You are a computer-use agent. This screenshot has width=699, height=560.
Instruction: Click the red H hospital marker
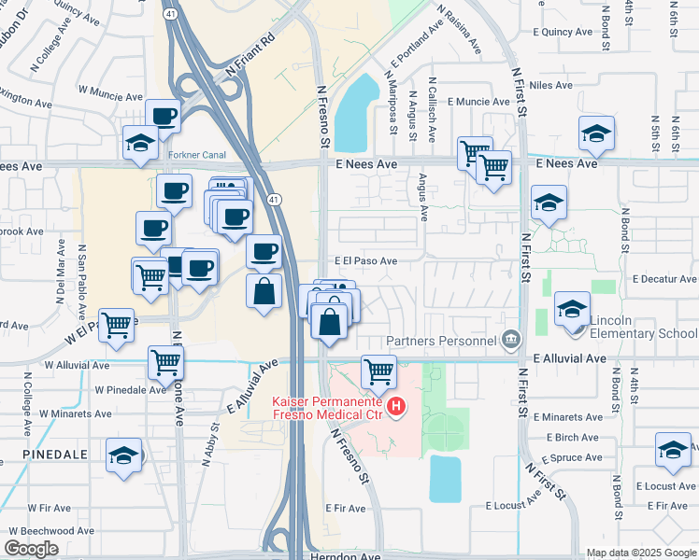tap(397, 407)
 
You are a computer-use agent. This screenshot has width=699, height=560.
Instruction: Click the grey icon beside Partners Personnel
tap(509, 338)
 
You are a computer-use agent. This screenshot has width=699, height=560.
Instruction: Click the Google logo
tap(32, 549)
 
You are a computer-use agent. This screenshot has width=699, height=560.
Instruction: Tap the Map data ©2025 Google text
tap(640, 553)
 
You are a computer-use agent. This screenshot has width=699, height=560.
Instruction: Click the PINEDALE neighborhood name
tap(44, 455)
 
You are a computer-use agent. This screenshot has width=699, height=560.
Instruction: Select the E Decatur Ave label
tap(663, 279)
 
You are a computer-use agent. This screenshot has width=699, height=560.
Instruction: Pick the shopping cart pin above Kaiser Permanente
tap(379, 371)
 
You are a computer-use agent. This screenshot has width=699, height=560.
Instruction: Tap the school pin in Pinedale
tap(122, 455)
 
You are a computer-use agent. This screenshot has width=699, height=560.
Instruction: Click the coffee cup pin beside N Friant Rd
tap(164, 116)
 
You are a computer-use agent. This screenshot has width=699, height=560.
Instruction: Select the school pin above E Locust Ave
tap(673, 449)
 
